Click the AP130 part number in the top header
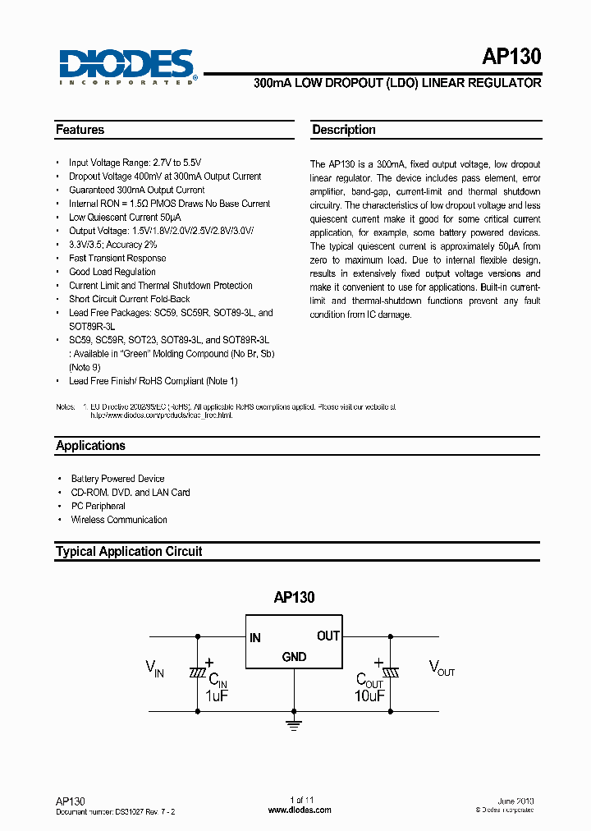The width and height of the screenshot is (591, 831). (511, 57)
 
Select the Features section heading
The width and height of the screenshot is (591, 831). (80, 130)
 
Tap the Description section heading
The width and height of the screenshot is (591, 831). (343, 130)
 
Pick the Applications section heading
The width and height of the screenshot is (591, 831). (90, 446)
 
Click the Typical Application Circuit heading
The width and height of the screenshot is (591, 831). (128, 552)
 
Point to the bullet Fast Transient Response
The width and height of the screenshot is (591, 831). (117, 258)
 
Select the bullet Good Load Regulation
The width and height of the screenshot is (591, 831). (112, 272)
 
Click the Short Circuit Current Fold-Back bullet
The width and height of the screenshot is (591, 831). (129, 299)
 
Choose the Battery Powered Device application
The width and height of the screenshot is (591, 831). (117, 479)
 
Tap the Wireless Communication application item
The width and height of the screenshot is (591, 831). (118, 520)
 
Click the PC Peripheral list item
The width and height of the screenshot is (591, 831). (98, 506)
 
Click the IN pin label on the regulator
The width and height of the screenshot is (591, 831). (255, 638)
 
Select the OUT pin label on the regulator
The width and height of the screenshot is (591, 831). (328, 636)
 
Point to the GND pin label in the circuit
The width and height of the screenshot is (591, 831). (294, 656)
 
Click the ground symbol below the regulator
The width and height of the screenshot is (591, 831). (294, 723)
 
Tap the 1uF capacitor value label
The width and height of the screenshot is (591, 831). (216, 696)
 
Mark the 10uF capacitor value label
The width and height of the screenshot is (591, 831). (370, 696)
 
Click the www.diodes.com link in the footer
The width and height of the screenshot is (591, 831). (300, 810)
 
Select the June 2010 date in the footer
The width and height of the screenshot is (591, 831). (515, 800)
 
